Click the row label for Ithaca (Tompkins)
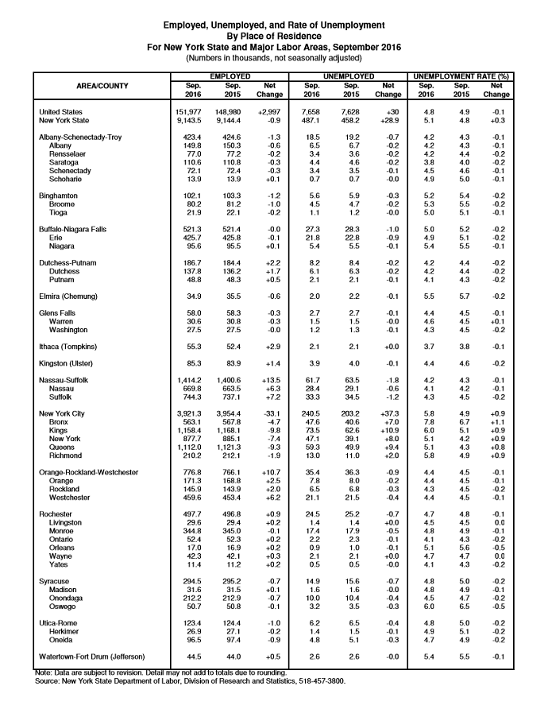tap(70, 347)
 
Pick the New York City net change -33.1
tap(270, 414)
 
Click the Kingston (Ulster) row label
tap(68, 364)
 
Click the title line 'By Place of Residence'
tap(274, 36)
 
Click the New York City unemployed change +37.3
tap(388, 414)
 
